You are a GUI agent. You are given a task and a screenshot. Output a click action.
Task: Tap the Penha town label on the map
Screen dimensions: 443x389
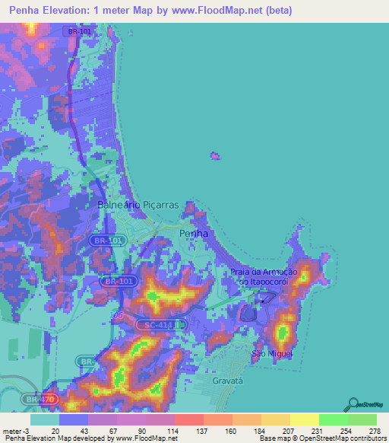[x=193, y=233]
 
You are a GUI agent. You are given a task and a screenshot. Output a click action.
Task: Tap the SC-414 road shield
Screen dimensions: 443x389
[x=158, y=325]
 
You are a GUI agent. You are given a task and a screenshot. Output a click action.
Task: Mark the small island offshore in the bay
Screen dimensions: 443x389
[x=216, y=157]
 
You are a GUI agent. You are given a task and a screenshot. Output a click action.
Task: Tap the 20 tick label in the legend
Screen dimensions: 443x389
[x=56, y=430]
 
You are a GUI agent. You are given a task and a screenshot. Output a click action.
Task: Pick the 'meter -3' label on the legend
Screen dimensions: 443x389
[x=15, y=430]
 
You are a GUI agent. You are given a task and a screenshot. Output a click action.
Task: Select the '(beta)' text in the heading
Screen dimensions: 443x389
[x=274, y=10]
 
